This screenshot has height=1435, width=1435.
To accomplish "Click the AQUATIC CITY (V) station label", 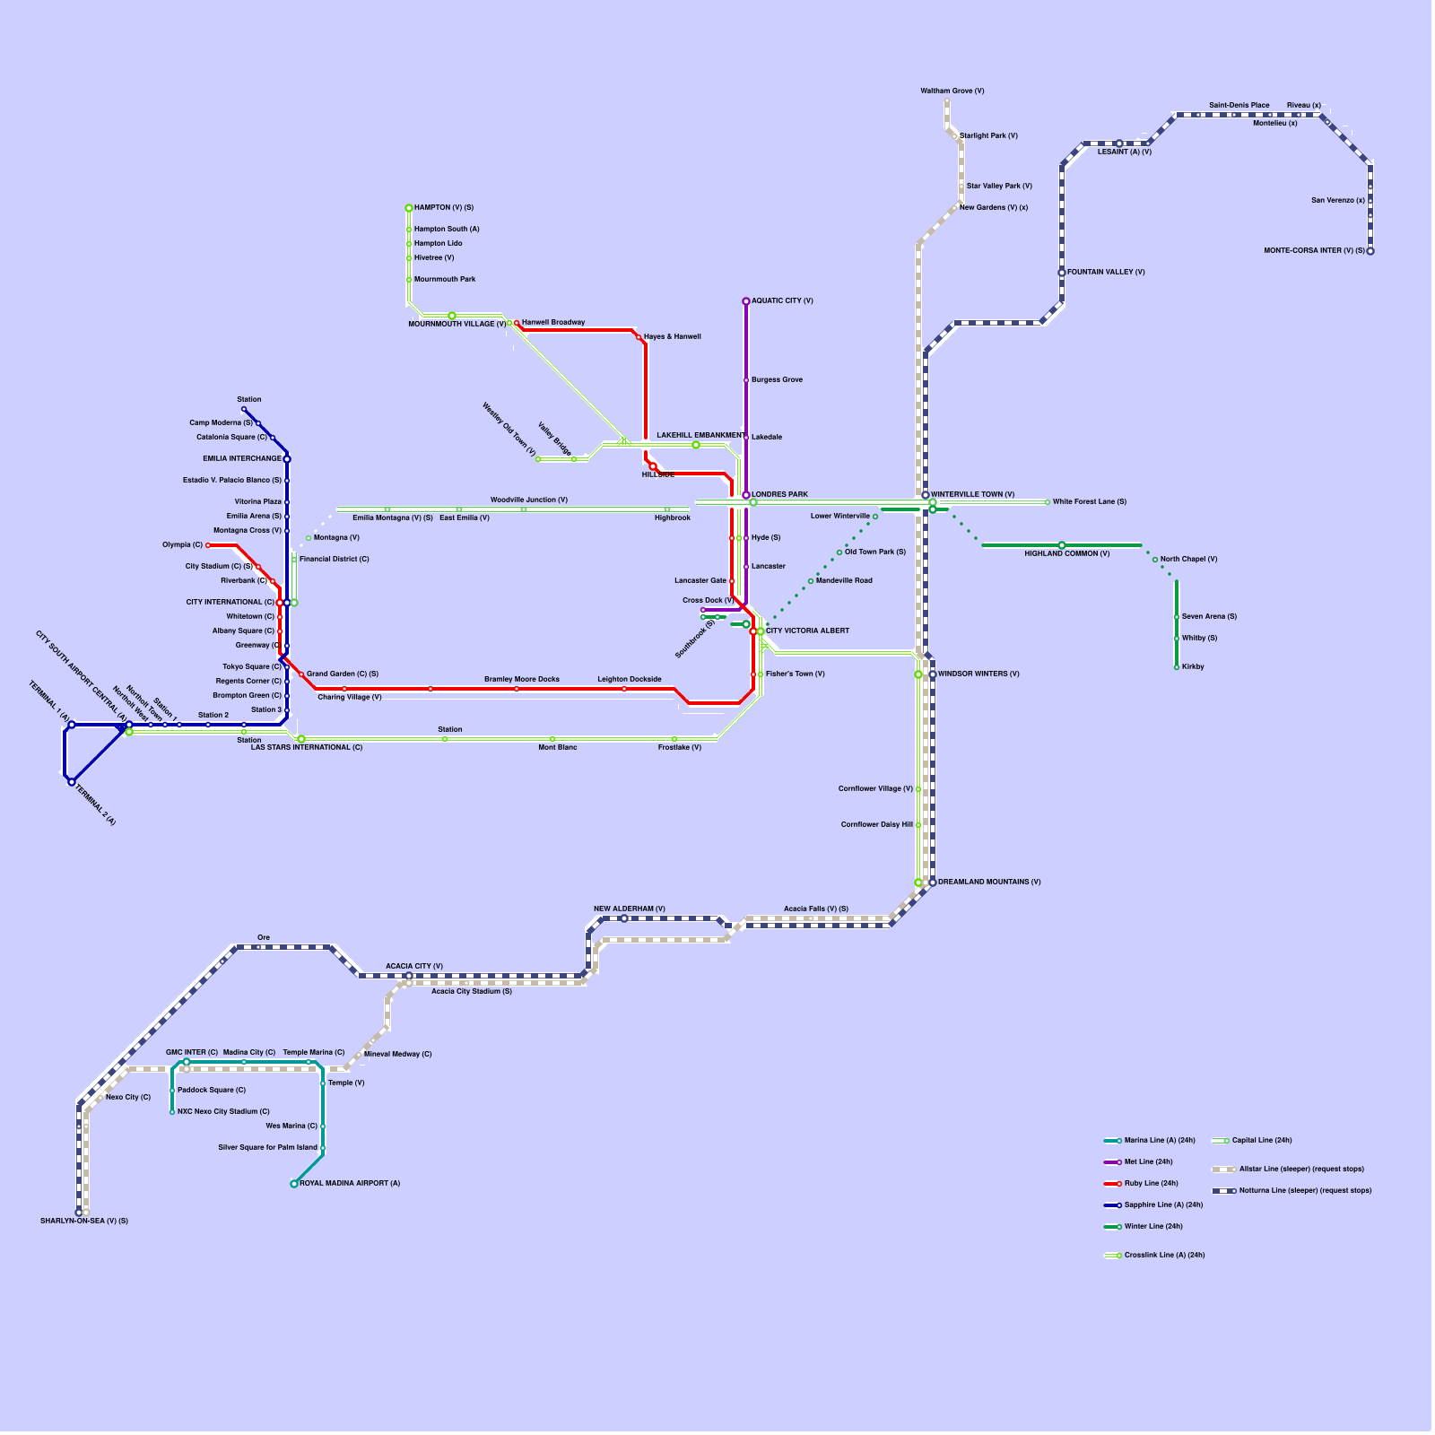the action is pyautogui.click(x=782, y=301).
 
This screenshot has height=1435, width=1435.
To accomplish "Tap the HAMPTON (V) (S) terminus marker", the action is pyautogui.click(x=409, y=208).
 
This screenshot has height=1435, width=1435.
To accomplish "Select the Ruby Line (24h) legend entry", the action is pyautogui.click(x=1141, y=1184).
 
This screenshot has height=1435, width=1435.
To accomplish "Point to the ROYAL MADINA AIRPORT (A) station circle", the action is pyautogui.click(x=294, y=1184).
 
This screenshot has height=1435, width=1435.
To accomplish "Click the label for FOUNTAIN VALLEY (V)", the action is pyautogui.click(x=1106, y=273).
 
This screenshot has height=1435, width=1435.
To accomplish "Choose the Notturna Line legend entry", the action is pyautogui.click(x=1292, y=1191).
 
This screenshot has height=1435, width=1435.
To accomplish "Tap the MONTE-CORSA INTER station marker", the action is pyautogui.click(x=1370, y=251).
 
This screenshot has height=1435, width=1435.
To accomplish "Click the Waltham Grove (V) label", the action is pyautogui.click(x=952, y=91).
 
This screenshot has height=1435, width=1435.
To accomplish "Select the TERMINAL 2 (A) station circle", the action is pyautogui.click(x=72, y=782).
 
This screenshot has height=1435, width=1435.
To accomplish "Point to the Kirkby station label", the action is pyautogui.click(x=1193, y=667).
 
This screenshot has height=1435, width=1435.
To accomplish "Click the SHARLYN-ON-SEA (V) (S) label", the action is pyautogui.click(x=84, y=1222).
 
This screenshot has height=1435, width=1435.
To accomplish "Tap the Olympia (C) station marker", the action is pyautogui.click(x=208, y=545).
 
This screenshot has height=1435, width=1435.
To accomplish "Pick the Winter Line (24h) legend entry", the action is pyautogui.click(x=1144, y=1227).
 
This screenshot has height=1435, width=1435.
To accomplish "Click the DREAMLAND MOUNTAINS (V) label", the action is pyautogui.click(x=989, y=883).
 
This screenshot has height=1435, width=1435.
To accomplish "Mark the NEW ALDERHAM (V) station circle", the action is pyautogui.click(x=624, y=918).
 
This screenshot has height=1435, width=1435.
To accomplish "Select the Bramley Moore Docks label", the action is pyautogui.click(x=522, y=680).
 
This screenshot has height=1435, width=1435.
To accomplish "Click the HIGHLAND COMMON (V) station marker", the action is pyautogui.click(x=1062, y=545).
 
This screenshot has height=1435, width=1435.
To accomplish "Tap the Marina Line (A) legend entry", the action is pyautogui.click(x=1150, y=1141).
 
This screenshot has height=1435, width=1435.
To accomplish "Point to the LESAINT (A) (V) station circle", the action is pyautogui.click(x=1119, y=143).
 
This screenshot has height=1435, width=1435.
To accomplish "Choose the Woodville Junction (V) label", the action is pyautogui.click(x=529, y=500).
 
